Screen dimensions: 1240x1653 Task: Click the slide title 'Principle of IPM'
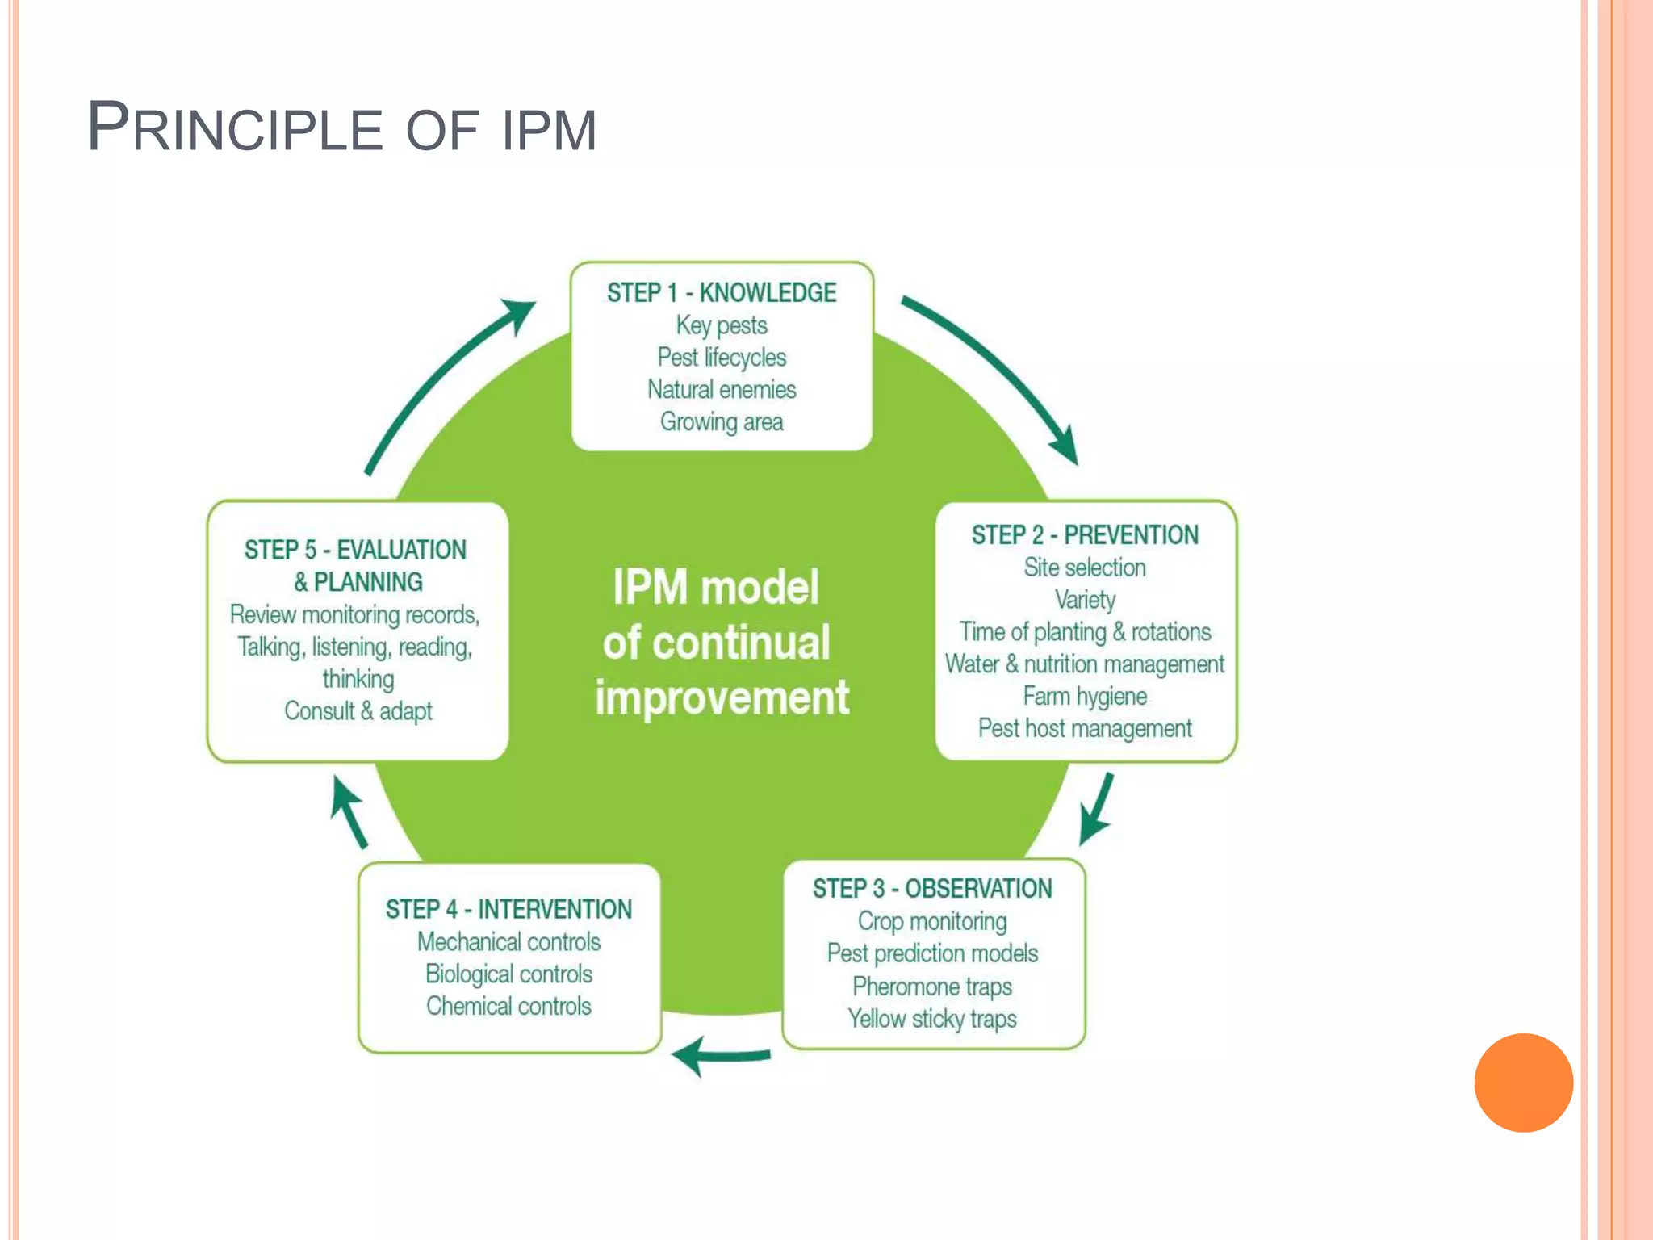point(341,128)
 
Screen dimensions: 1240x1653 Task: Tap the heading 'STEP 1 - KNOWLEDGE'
point(722,292)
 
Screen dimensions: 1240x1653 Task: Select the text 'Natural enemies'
point(722,389)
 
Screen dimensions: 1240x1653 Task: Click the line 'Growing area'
point(722,421)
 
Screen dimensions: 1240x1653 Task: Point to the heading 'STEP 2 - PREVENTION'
point(1085,534)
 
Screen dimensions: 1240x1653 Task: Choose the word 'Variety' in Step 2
point(1085,600)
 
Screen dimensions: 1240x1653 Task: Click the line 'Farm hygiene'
point(1085,696)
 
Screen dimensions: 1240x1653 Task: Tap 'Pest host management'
point(1085,728)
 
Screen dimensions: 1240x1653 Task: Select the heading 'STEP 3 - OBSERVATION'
point(932,889)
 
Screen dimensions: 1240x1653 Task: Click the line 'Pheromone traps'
point(932,987)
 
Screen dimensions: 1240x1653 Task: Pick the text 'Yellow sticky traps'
point(932,1019)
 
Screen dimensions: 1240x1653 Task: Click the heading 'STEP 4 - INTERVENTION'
point(508,909)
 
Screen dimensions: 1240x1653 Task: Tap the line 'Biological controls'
point(508,974)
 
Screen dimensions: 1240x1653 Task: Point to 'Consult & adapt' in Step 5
point(358,711)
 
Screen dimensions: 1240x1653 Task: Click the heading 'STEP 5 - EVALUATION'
point(355,550)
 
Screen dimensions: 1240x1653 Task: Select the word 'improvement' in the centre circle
point(722,697)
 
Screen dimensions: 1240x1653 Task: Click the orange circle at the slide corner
point(1523,1083)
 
